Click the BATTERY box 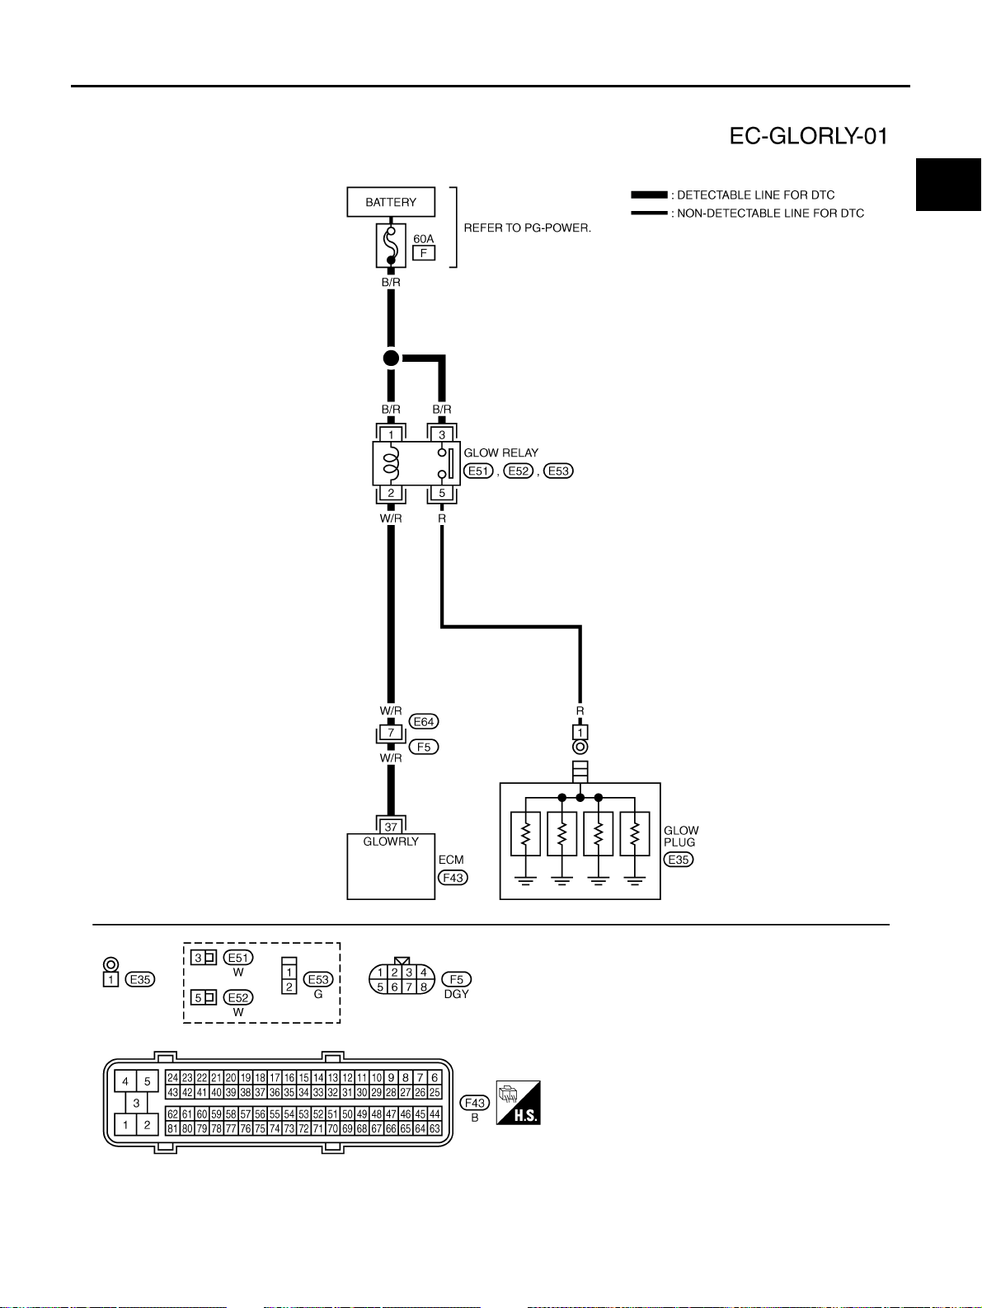pyautogui.click(x=391, y=202)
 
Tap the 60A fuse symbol pyautogui.click(x=391, y=246)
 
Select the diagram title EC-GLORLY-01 pyautogui.click(x=809, y=137)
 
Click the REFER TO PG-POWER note pyautogui.click(x=528, y=228)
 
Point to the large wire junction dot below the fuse pyautogui.click(x=391, y=359)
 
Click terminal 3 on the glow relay pyautogui.click(x=442, y=434)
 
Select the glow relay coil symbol pyautogui.click(x=391, y=463)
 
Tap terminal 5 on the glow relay pyautogui.click(x=442, y=493)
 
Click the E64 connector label pyautogui.click(x=424, y=722)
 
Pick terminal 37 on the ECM pyautogui.click(x=391, y=827)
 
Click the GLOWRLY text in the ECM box pyautogui.click(x=391, y=842)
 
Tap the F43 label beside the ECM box pyautogui.click(x=453, y=878)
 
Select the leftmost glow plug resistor pyautogui.click(x=525, y=833)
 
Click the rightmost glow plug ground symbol pyautogui.click(x=635, y=880)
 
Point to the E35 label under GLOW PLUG pyautogui.click(x=679, y=860)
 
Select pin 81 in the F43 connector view pyautogui.click(x=173, y=1128)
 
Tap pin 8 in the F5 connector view pyautogui.click(x=424, y=987)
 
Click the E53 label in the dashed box pyautogui.click(x=318, y=979)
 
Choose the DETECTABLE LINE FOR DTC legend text pyautogui.click(x=755, y=195)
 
